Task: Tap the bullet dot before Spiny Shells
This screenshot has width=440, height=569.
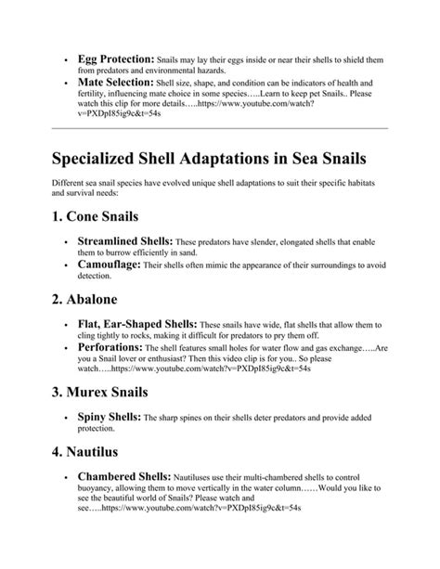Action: pos(66,420)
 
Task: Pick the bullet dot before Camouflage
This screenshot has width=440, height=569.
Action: pos(66,266)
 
